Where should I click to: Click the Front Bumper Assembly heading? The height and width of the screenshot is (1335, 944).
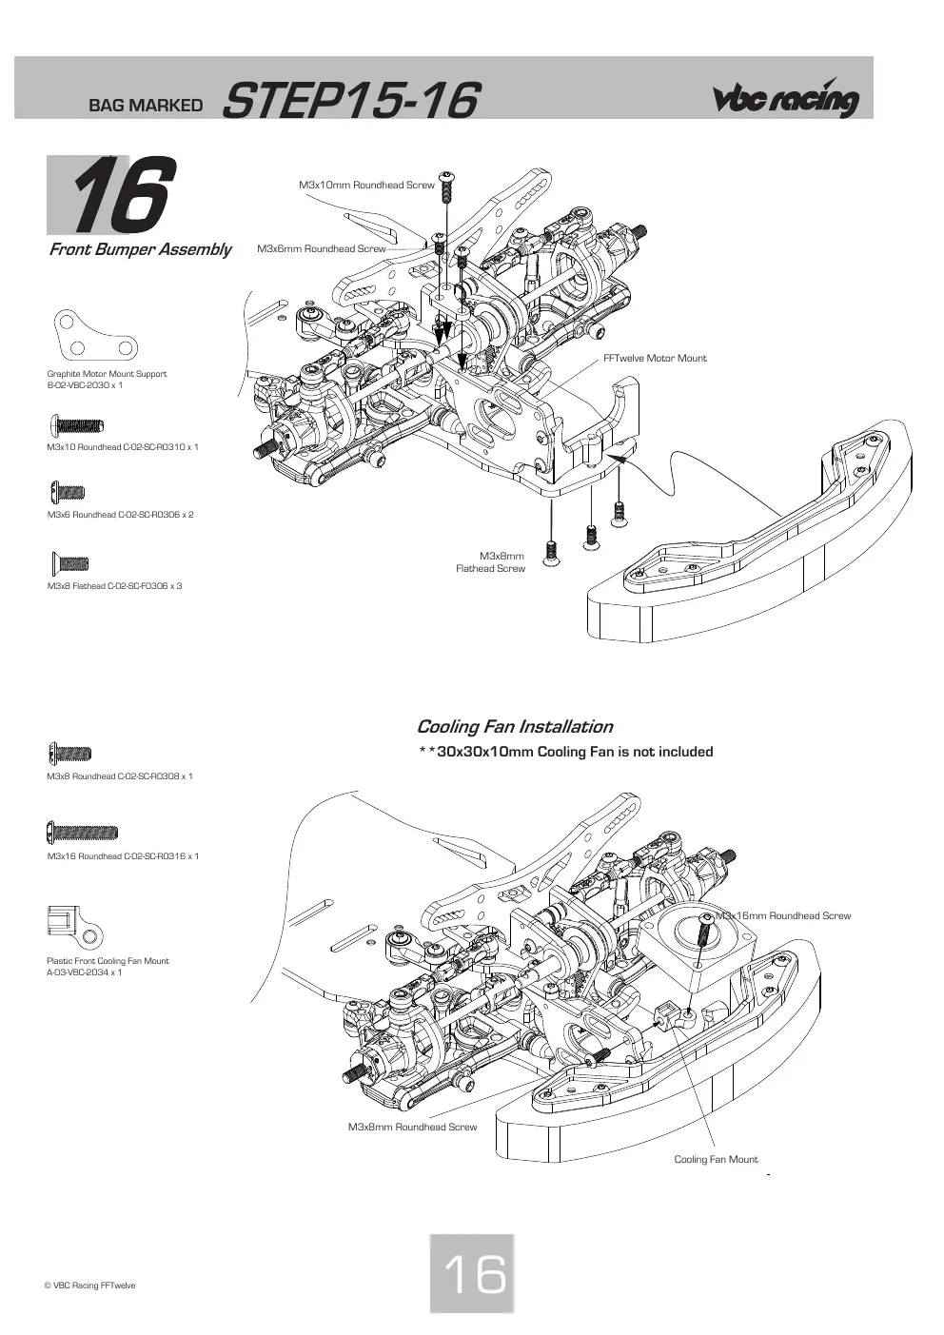140,249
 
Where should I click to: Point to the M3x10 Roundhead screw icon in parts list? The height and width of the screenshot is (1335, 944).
76,425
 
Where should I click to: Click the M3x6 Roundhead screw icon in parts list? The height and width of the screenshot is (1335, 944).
68,492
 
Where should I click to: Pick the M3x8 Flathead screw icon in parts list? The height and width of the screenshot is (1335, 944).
70,562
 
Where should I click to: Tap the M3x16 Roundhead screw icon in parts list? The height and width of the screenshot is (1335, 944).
82,832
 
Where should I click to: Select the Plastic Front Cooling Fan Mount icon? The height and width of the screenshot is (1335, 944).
75,927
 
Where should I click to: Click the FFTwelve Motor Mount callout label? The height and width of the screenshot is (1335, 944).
655,358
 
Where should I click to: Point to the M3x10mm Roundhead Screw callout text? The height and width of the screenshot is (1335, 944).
366,186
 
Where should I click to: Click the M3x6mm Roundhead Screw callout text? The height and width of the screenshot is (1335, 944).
322,249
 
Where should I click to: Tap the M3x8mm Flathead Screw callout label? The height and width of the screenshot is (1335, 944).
490,562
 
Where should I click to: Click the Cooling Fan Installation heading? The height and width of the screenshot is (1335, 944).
515,727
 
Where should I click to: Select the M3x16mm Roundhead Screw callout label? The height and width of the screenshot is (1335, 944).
783,915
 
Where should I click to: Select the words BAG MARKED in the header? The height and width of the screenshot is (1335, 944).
146,106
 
